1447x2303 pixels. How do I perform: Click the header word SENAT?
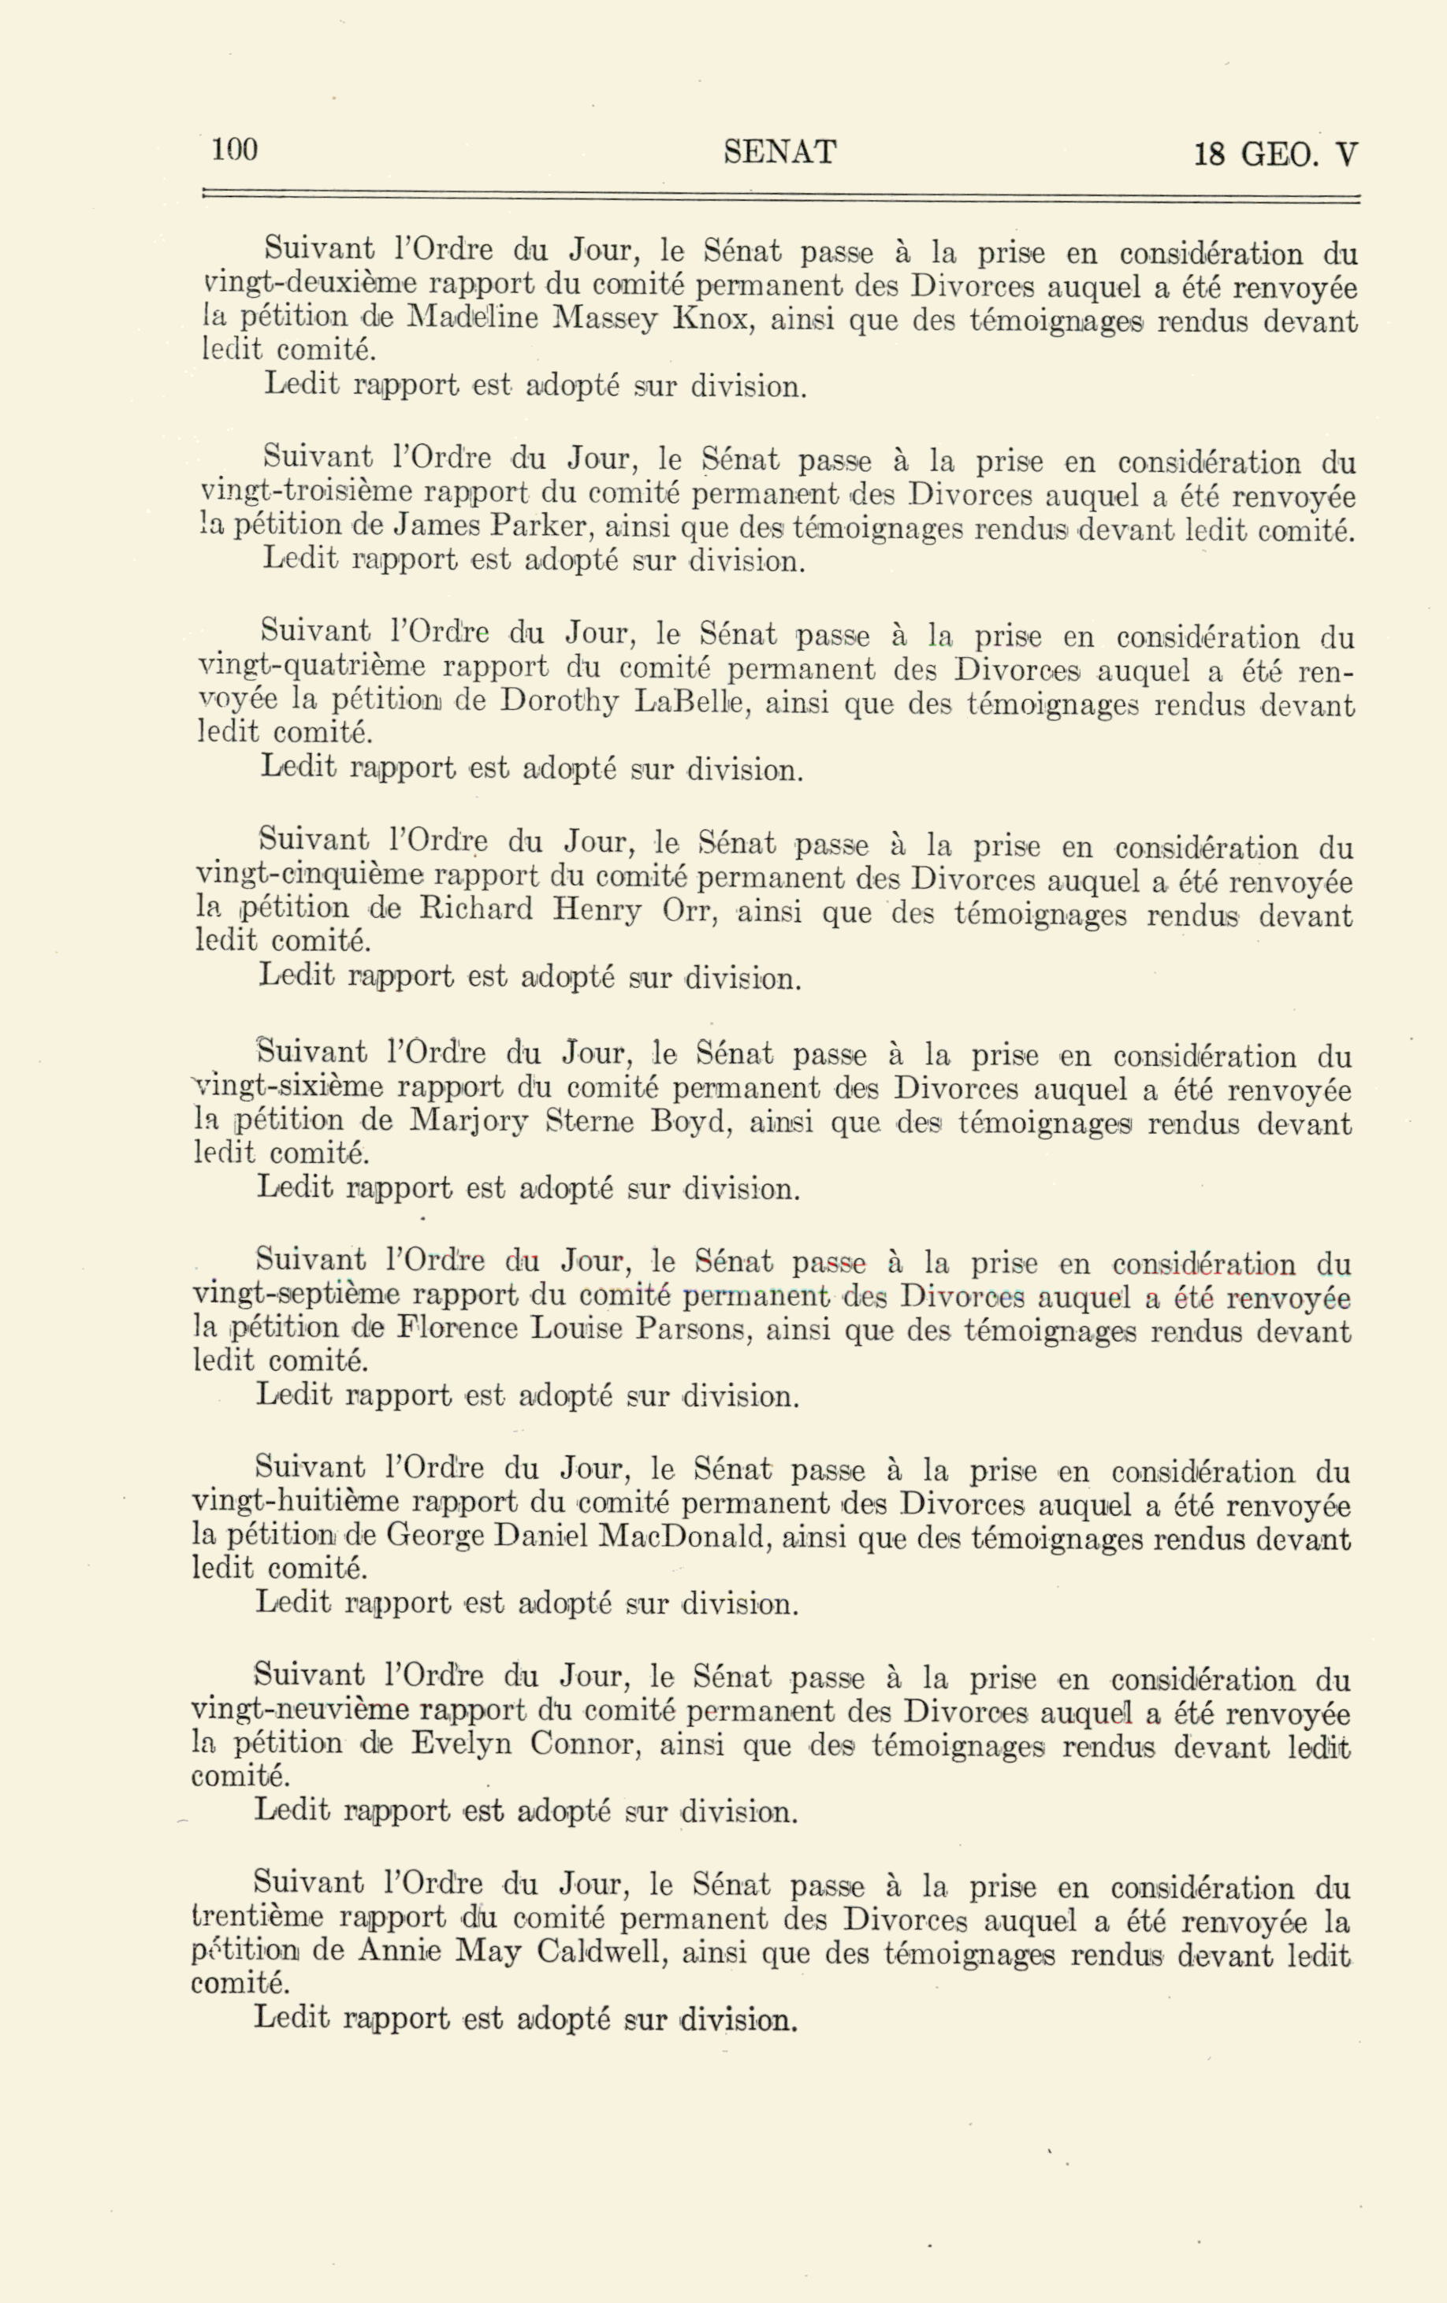[x=779, y=152]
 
